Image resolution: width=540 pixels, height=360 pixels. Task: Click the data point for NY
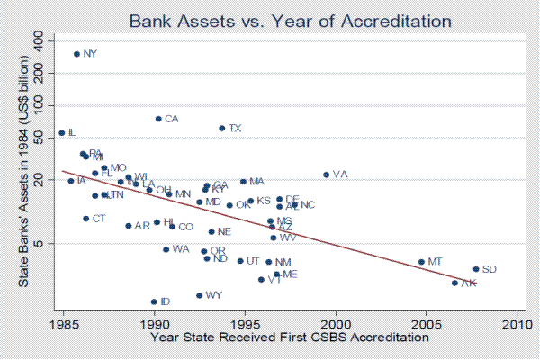76,54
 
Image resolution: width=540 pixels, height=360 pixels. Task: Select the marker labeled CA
158,119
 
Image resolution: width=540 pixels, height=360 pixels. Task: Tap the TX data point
222,128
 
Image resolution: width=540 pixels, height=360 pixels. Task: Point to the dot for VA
326,175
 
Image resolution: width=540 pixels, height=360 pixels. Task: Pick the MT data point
421,262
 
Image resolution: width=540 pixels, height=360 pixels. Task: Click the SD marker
475,269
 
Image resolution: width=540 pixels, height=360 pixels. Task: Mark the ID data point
154,301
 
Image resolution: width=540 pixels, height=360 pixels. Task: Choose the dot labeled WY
199,295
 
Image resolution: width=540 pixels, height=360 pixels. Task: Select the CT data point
86,219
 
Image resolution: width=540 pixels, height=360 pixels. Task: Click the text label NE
225,232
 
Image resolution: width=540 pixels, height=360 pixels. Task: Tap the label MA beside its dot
256,182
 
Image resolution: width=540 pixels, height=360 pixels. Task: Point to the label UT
253,261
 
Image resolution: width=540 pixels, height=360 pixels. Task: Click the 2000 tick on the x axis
337,322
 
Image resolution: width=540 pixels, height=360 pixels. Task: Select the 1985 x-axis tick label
64,322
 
